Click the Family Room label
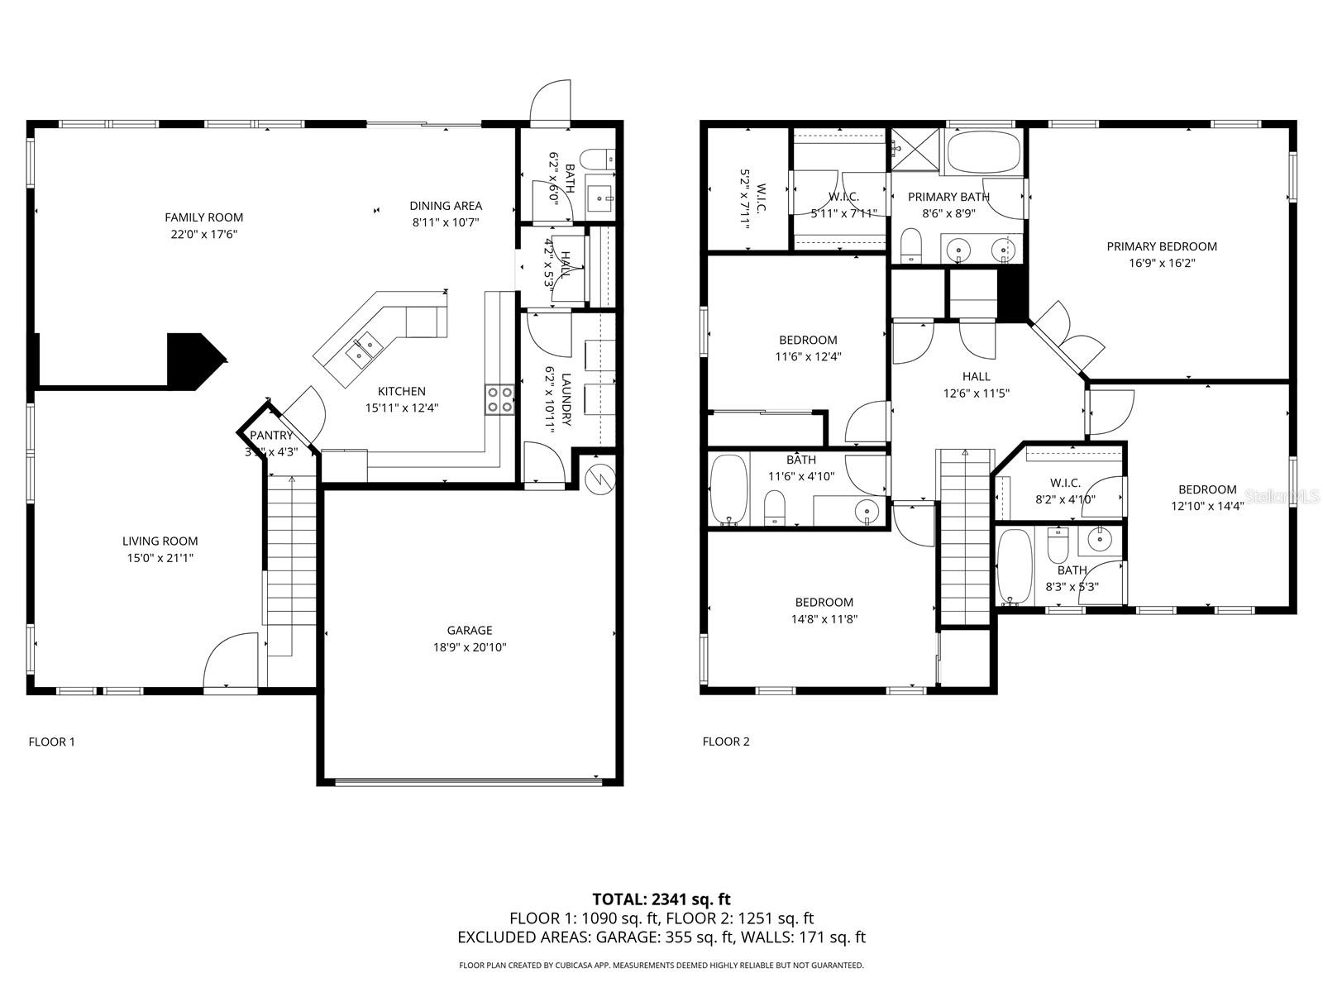click(x=203, y=217)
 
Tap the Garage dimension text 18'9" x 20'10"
click(x=470, y=647)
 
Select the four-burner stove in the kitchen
click(x=499, y=399)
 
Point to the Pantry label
click(x=271, y=436)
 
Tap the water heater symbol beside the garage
click(x=599, y=477)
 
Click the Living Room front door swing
click(x=232, y=660)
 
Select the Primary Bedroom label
click(x=1162, y=246)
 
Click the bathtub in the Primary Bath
click(x=983, y=152)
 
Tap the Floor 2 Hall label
click(x=976, y=377)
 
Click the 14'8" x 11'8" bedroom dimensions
click(x=824, y=619)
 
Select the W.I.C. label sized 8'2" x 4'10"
click(x=1065, y=483)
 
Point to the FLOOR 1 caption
click(x=51, y=742)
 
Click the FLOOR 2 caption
click(x=726, y=742)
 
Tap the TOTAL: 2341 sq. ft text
click(x=661, y=899)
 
